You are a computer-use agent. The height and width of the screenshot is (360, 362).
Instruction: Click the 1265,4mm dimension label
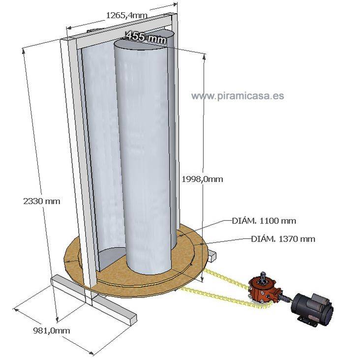click(x=126, y=15)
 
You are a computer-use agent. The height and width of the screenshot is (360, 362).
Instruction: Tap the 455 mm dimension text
click(x=146, y=36)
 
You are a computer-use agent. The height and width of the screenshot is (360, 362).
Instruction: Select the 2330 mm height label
click(x=41, y=201)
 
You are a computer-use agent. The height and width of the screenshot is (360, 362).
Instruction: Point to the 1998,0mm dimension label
click(x=202, y=179)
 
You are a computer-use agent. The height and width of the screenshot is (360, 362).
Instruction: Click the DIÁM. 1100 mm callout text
click(x=264, y=221)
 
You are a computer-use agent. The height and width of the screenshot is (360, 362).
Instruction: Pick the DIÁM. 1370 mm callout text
click(x=283, y=239)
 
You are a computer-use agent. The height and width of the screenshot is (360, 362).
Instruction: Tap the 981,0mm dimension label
click(x=51, y=330)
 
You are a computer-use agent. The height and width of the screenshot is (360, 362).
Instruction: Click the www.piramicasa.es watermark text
click(x=238, y=95)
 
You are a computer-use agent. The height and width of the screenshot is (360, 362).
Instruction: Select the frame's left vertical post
click(x=74, y=162)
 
